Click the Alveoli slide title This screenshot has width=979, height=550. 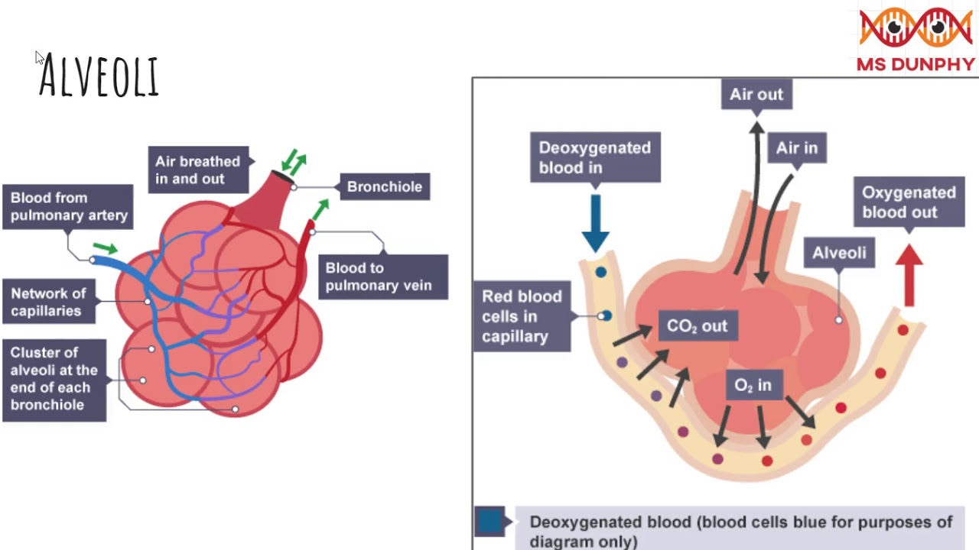(99, 76)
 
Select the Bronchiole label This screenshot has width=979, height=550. (384, 186)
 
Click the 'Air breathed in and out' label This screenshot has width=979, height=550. (197, 170)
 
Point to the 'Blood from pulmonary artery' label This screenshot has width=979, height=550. (69, 206)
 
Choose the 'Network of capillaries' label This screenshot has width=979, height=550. (48, 302)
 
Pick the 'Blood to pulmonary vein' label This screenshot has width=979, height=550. (379, 277)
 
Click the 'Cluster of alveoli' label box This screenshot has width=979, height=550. (54, 379)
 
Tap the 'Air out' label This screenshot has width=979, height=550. (756, 95)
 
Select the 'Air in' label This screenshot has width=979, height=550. (796, 148)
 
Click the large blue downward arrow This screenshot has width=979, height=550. (595, 222)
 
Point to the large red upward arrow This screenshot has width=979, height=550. (909, 274)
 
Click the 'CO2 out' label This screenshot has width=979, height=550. (697, 326)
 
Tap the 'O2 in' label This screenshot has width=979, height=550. (753, 386)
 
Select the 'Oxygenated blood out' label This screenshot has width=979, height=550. (909, 202)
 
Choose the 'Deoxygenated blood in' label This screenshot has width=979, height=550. (594, 157)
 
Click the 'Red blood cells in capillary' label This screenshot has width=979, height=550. (522, 316)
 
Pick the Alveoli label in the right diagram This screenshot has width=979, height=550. (839, 253)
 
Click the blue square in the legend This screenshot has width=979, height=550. (490, 521)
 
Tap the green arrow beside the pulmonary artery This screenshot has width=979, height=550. (105, 248)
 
